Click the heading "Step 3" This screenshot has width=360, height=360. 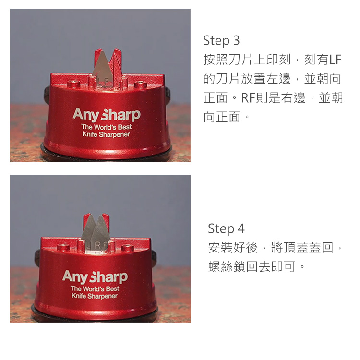(x=221, y=40)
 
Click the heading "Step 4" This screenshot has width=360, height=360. (x=226, y=228)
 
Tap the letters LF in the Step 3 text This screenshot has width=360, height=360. (x=335, y=60)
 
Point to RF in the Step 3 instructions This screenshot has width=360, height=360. (x=247, y=98)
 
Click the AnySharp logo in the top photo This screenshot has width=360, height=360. (x=106, y=115)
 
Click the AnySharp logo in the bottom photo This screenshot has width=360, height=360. (x=95, y=277)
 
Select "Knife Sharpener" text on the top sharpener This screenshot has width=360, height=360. (x=106, y=134)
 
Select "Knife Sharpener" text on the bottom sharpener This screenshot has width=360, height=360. (x=95, y=296)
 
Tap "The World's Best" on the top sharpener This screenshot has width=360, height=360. (x=106, y=127)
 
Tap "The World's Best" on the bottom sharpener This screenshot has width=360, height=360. (x=95, y=288)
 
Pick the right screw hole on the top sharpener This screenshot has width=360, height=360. (x=140, y=84)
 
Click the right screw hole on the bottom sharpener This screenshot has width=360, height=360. (x=127, y=248)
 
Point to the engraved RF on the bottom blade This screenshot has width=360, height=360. (x=100, y=245)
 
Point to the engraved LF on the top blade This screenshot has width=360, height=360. (x=102, y=82)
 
